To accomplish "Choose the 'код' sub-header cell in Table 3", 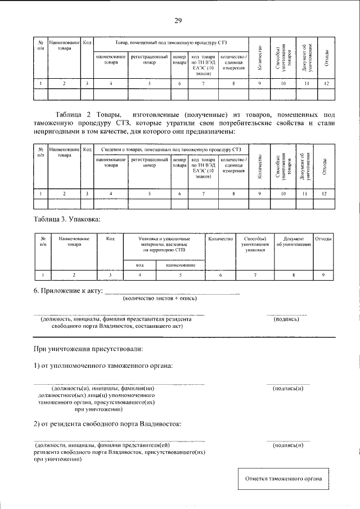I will pos(139,264).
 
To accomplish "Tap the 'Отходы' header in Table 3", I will pos(323,239).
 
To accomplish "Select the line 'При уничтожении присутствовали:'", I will pos(88,349).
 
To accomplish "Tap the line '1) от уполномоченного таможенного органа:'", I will pos(103,366).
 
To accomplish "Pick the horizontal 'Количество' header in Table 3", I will pos(220,239).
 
